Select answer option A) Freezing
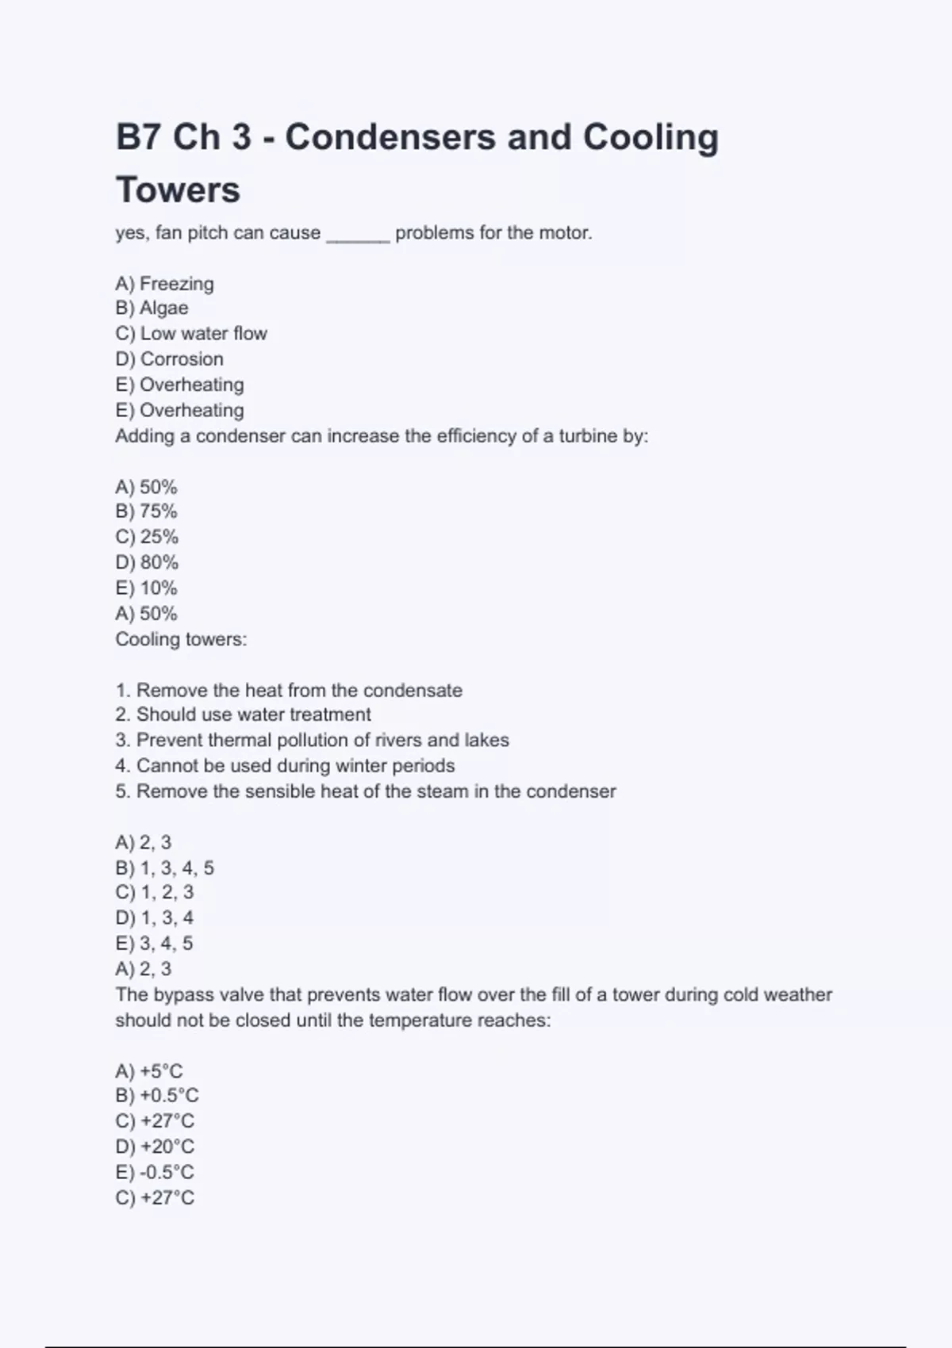[x=165, y=283]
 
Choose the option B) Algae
[x=152, y=308]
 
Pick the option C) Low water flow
[x=191, y=333]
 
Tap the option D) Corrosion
[x=170, y=358]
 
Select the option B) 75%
[x=147, y=511]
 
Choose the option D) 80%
[x=148, y=562]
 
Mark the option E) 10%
[x=147, y=588]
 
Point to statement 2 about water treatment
[x=243, y=714]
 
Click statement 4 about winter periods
[x=285, y=765]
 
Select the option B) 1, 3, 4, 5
[x=165, y=867]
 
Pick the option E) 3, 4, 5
[x=155, y=943]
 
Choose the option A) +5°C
[x=149, y=1071]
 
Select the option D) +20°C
[x=155, y=1146]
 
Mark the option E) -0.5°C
[x=155, y=1172]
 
